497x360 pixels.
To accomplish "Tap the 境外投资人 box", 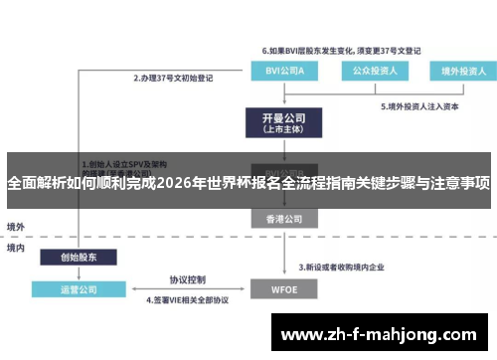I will pyautogui.click(x=457, y=72).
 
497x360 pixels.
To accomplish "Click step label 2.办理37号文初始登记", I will pyautogui.click(x=178, y=77).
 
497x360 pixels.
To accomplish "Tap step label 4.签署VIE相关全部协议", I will pyautogui.click(x=188, y=299).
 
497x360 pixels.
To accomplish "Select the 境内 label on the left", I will pyautogui.click(x=16, y=247).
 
